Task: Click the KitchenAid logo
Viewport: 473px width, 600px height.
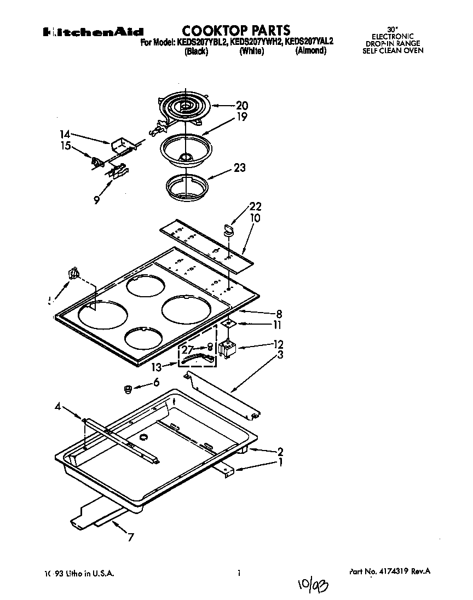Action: [x=93, y=32]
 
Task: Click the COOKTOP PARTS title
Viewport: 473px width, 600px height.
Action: [x=236, y=30]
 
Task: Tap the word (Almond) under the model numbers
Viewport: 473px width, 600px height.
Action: [x=311, y=51]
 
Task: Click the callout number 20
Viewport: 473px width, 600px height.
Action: [x=241, y=106]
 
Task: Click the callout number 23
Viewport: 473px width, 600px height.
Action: [x=239, y=169]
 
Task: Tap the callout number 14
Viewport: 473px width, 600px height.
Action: [x=65, y=133]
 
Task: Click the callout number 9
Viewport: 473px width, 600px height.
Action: [x=96, y=200]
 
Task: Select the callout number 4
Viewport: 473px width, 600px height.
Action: [x=57, y=406]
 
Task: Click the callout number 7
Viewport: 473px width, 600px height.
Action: [x=130, y=537]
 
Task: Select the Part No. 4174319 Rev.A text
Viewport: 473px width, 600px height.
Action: [x=389, y=571]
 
